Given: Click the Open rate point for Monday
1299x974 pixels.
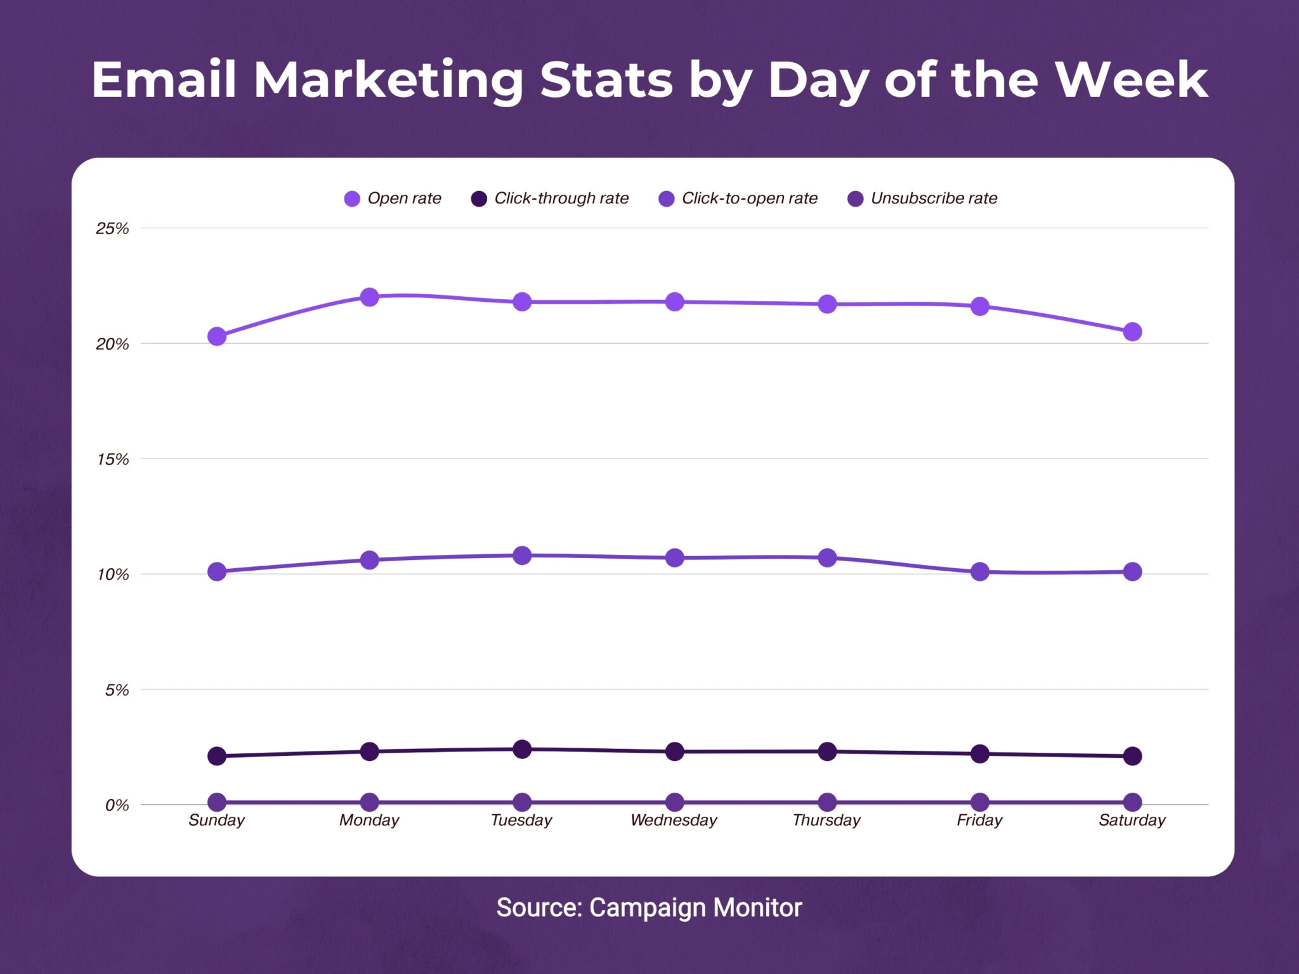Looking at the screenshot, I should click(x=369, y=297).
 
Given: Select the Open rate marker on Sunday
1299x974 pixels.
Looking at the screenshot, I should click(x=217, y=336).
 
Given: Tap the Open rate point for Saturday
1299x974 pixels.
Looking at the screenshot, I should click(x=1132, y=332).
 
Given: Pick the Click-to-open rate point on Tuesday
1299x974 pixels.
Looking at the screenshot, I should click(x=522, y=555).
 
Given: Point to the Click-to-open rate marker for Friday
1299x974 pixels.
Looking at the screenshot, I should click(x=980, y=571).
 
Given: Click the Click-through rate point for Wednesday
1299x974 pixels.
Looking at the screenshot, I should click(x=675, y=751).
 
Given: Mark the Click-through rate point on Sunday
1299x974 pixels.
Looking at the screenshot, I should click(x=217, y=756).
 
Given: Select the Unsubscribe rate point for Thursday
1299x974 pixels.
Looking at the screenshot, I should click(x=827, y=802).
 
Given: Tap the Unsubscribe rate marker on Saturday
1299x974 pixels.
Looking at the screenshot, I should click(x=1132, y=802).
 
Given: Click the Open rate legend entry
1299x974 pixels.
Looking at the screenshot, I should click(x=393, y=198).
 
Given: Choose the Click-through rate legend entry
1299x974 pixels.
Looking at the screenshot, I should click(x=551, y=198).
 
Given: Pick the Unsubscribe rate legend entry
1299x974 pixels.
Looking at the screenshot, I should click(x=923, y=198).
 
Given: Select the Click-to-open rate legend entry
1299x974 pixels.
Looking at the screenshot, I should click(x=739, y=198).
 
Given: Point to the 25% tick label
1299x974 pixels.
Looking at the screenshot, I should click(x=112, y=228).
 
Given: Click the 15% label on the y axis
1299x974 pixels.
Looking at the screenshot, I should click(x=112, y=459).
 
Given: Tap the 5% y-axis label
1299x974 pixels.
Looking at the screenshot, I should click(x=117, y=690).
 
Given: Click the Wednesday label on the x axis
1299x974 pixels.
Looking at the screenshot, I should click(x=674, y=821).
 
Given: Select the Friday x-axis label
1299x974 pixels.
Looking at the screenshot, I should click(x=979, y=821).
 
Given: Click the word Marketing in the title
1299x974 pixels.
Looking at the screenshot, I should click(x=388, y=81).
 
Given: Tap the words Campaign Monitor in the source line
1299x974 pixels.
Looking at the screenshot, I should click(x=695, y=907).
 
